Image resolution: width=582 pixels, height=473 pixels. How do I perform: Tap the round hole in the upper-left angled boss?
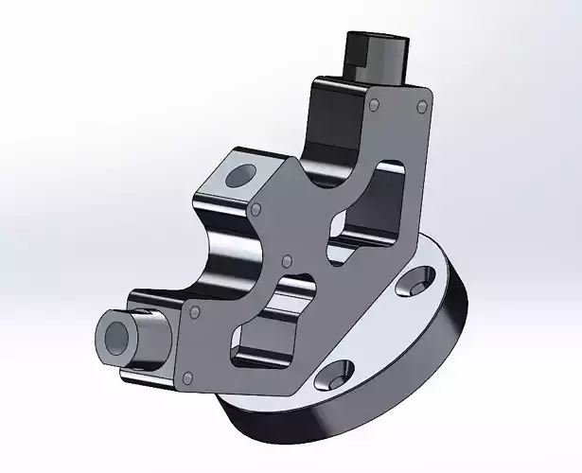(x=240, y=173)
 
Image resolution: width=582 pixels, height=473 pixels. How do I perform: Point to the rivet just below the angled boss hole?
(x=256, y=208)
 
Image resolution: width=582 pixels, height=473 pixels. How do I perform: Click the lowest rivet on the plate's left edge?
(x=186, y=378)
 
